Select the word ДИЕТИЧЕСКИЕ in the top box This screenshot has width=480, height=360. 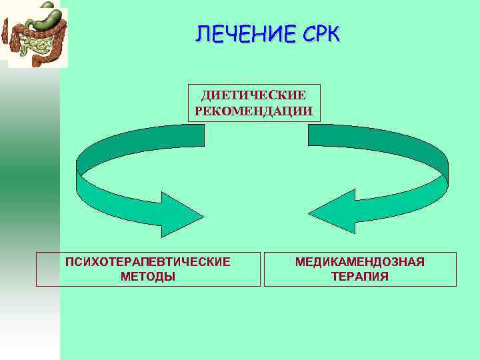click(253, 96)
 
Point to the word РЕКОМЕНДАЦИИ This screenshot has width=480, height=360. click(253, 110)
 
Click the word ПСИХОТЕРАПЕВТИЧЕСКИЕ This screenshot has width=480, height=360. click(148, 262)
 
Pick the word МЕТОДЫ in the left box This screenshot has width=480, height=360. click(148, 276)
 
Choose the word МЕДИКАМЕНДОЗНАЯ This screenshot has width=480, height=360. click(360, 262)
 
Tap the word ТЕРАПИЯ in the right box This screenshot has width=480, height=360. click(360, 276)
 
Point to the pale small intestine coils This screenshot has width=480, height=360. click(33, 45)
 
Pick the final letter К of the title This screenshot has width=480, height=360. click(333, 32)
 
